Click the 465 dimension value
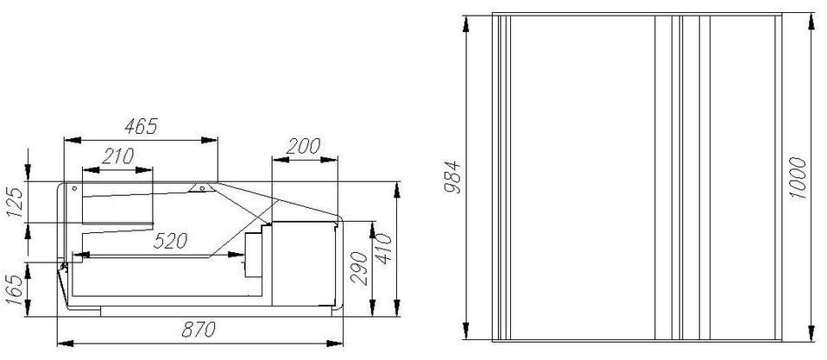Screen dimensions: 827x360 pyautogui.click(x=142, y=127)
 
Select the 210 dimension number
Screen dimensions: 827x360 pyautogui.click(x=117, y=156)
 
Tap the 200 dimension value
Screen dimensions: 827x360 pyautogui.click(x=303, y=146)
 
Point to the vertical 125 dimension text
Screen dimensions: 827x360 pyautogui.click(x=16, y=201)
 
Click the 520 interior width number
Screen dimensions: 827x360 pyautogui.click(x=170, y=241)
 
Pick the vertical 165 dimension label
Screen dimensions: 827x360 pyautogui.click(x=16, y=289)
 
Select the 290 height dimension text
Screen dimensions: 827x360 pyautogui.click(x=359, y=268)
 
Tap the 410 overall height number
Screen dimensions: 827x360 pyautogui.click(x=385, y=249)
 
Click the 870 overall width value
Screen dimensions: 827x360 pyautogui.click(x=199, y=330)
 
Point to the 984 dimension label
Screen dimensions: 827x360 pyautogui.click(x=452, y=177)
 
